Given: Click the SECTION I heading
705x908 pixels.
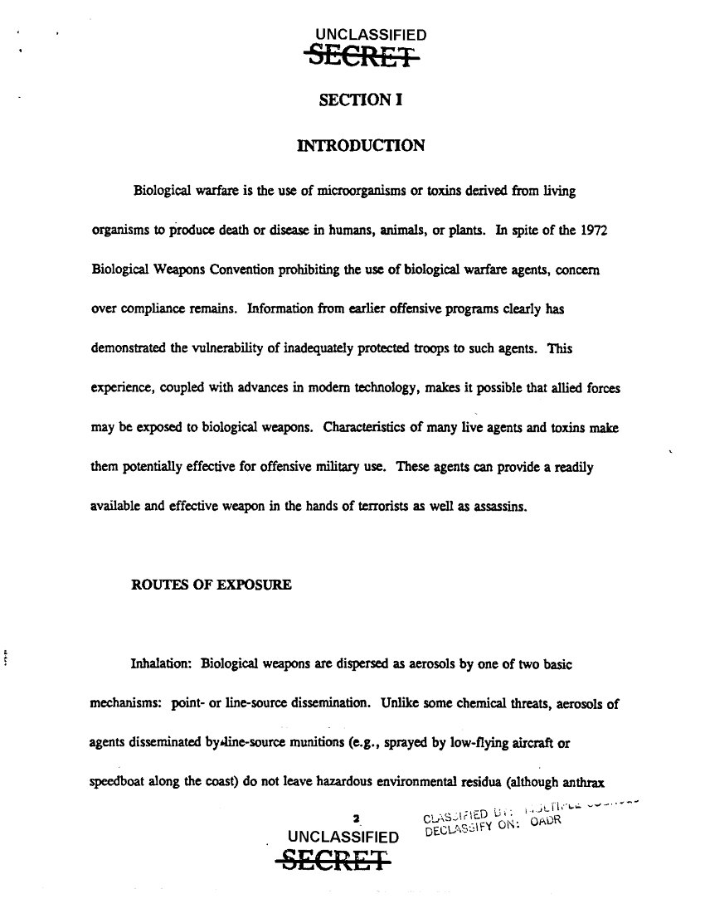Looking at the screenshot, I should tap(361, 100).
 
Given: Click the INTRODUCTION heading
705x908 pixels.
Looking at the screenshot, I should tap(361, 147).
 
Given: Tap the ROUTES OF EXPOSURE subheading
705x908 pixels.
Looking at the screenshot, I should tap(211, 585).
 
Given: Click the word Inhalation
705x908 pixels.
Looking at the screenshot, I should tap(162, 664).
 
